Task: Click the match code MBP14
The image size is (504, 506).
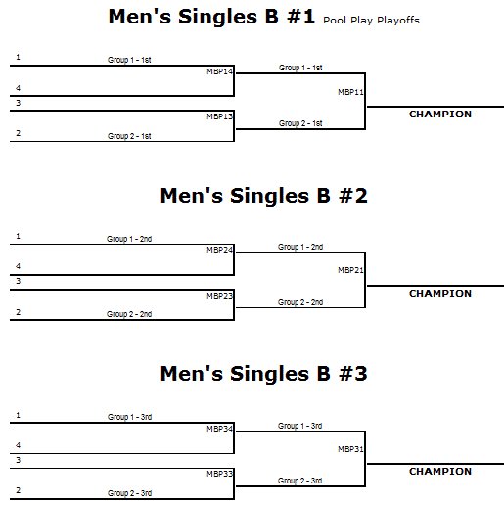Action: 220,71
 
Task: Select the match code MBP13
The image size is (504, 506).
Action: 220,116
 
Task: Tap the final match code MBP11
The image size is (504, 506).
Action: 350,92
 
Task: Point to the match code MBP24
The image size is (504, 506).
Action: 220,250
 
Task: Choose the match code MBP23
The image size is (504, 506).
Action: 220,296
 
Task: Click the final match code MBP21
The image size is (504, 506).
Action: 350,270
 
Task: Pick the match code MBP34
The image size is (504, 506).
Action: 220,429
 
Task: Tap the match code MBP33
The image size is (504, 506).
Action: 220,474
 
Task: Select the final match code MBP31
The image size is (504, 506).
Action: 350,449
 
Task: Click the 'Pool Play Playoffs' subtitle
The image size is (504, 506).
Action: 371,21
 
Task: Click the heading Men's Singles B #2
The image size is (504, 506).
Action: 264,196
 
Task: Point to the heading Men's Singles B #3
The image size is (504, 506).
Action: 264,374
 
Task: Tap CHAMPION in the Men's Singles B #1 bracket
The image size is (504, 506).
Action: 440,115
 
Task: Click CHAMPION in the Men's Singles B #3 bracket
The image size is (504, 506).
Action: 440,472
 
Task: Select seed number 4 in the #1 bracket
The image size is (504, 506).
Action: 18,88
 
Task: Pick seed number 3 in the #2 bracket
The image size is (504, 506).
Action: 19,281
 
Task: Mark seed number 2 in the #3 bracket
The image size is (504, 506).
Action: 19,490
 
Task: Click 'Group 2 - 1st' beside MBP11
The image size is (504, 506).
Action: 300,123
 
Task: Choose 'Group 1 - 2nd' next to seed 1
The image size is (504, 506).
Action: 129,239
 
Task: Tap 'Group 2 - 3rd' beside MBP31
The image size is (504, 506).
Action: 300,481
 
